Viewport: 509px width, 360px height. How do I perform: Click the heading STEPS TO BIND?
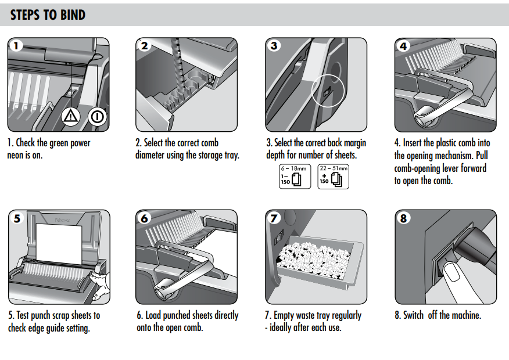(x=48, y=15)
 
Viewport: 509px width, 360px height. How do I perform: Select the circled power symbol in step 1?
(x=97, y=117)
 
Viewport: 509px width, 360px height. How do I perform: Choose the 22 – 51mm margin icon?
(x=334, y=177)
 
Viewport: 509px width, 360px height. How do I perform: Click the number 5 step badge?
(x=17, y=218)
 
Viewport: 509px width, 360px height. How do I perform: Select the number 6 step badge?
(x=145, y=218)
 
